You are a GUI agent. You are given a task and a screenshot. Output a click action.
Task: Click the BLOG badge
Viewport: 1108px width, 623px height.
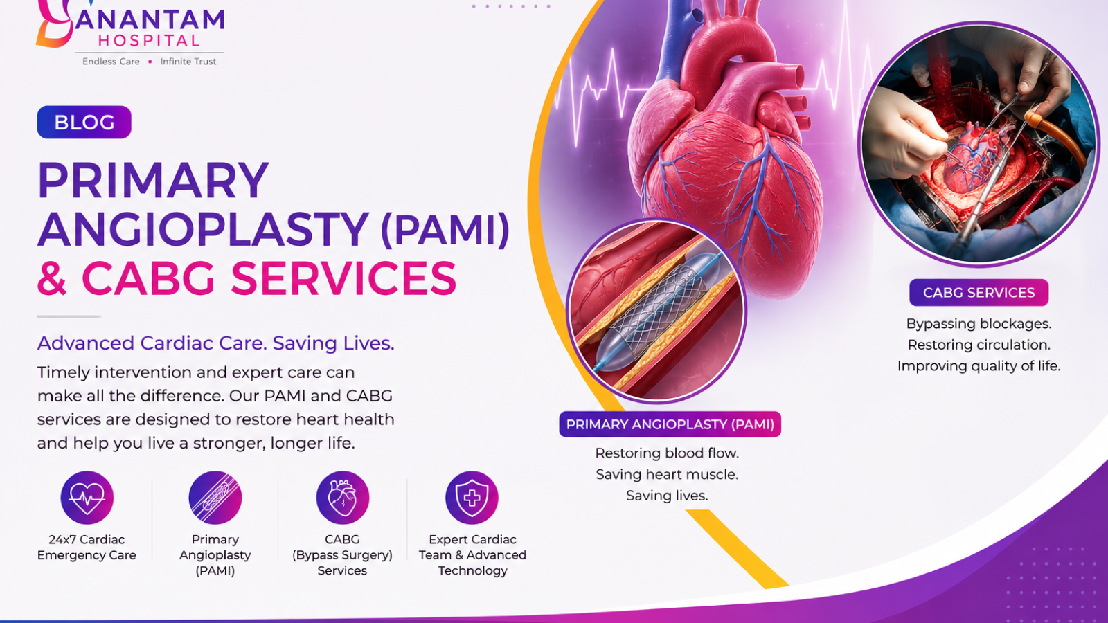pos(84,122)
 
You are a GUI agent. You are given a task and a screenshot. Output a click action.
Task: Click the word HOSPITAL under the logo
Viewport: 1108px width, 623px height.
pos(149,41)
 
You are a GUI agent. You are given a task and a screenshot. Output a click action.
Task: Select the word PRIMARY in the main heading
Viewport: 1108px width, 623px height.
pos(153,180)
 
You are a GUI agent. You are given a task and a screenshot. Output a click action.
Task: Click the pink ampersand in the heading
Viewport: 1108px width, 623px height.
pos(52,278)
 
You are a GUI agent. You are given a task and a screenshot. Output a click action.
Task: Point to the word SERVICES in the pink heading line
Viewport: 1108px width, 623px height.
pos(343,278)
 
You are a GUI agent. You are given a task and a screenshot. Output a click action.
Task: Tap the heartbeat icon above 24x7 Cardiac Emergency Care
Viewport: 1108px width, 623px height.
pos(87,498)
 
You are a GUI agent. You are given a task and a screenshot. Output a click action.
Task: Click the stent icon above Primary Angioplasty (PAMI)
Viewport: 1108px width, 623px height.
pos(215,498)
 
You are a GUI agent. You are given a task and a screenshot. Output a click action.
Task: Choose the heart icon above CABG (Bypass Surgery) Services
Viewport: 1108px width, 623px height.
pos(342,498)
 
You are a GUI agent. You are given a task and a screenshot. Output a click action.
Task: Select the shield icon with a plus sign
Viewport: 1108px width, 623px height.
pos(472,498)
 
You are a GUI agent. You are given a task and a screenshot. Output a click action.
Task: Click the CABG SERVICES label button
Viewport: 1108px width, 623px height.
pos(979,293)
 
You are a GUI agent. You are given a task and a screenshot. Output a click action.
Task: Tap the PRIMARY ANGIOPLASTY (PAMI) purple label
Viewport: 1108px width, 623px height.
pos(670,424)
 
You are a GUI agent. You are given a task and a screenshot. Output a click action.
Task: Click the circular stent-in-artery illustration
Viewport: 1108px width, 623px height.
pos(656,311)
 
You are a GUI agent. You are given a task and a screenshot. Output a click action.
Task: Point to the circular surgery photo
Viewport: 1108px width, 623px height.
pos(979,143)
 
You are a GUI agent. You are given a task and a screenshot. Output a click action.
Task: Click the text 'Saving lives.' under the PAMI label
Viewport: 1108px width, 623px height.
pos(667,496)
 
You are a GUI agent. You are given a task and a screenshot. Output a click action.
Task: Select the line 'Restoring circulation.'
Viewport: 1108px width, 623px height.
pos(979,345)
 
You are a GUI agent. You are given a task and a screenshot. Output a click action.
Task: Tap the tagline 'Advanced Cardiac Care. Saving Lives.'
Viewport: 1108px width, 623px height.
pos(215,343)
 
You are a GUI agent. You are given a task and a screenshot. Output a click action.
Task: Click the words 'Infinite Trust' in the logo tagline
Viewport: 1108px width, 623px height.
pos(188,62)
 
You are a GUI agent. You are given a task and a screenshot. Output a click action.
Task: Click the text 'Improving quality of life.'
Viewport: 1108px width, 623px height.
pos(979,366)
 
